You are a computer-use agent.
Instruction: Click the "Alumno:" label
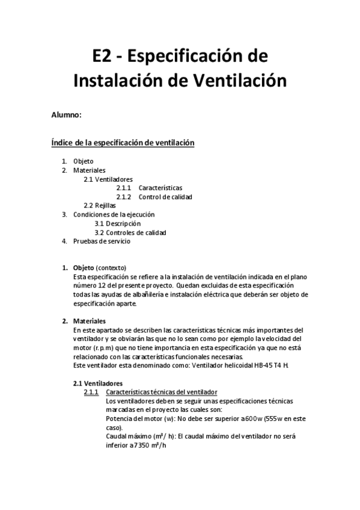click(66, 115)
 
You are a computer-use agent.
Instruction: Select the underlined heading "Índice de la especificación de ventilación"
click(123, 143)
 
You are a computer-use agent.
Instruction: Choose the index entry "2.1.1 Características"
click(160, 188)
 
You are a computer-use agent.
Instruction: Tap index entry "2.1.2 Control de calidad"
click(165, 197)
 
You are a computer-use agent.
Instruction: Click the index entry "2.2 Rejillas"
click(100, 206)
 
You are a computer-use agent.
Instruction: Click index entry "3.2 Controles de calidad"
click(130, 233)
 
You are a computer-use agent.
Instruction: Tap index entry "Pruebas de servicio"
click(102, 241)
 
